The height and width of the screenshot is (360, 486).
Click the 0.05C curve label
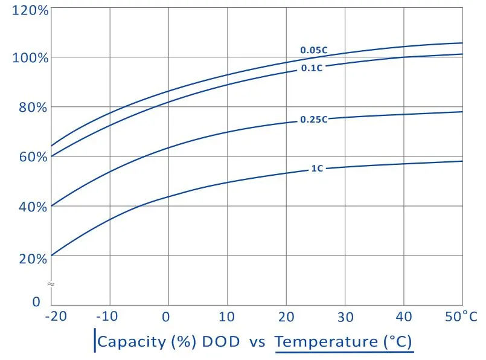314,50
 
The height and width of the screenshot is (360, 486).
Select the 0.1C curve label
312,68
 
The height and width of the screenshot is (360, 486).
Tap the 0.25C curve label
314,120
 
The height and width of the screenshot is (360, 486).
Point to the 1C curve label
317,169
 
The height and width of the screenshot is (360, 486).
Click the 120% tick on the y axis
30,10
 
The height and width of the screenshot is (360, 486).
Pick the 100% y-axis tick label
30,57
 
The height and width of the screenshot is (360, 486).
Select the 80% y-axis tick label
33,108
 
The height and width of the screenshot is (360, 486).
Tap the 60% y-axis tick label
33,157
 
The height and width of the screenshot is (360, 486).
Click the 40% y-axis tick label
33,207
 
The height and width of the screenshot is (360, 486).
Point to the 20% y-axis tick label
33,259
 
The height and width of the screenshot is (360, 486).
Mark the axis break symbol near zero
51,284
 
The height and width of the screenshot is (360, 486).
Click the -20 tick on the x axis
56,317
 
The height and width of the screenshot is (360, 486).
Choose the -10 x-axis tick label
107,317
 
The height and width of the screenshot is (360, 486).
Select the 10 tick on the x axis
226,317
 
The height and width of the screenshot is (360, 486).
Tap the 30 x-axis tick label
345,317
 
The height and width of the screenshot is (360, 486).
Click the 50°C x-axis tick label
461,317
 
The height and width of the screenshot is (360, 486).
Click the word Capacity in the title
132,342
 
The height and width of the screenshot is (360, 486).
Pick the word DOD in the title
221,341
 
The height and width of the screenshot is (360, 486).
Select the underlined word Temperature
327,342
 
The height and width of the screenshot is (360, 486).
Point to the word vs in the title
257,342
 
